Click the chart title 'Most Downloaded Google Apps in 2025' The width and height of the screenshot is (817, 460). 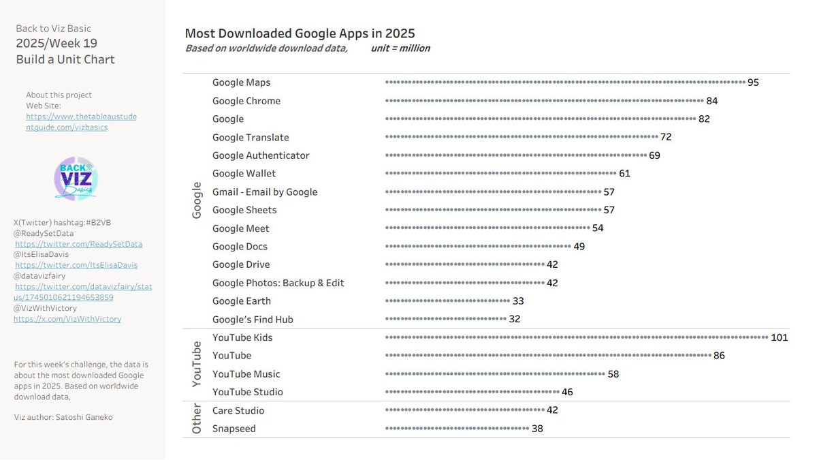[x=300, y=33]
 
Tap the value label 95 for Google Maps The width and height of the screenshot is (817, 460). [x=753, y=82]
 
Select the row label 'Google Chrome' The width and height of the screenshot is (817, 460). [x=246, y=101]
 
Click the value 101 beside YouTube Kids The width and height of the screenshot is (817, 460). [x=779, y=337]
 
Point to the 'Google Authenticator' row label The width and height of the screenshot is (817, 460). [x=261, y=155]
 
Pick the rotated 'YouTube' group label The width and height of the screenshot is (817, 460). [x=197, y=365]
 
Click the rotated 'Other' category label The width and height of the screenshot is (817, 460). [x=197, y=419]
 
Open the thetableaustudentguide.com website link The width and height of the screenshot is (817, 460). [x=81, y=122]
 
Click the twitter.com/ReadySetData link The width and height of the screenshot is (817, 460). [x=78, y=244]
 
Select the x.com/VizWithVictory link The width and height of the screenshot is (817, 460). [x=67, y=319]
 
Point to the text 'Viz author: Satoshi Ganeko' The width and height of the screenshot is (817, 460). [x=63, y=417]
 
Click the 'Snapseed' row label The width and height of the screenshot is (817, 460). [x=234, y=429]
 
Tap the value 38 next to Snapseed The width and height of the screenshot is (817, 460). [x=537, y=429]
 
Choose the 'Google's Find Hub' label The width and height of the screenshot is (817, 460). [x=253, y=320]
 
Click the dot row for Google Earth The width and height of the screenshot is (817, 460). [x=447, y=301]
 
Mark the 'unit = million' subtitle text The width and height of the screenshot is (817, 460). [x=400, y=48]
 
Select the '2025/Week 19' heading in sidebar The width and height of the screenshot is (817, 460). [x=57, y=44]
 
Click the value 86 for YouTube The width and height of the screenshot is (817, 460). [x=719, y=356]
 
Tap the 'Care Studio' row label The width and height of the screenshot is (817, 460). [x=238, y=410]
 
